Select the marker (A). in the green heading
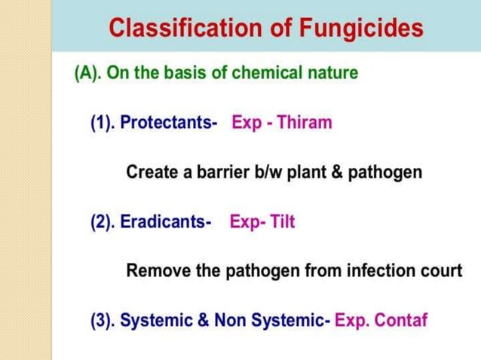click(88, 74)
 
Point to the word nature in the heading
click(329, 74)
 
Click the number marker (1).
click(103, 123)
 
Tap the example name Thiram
click(305, 123)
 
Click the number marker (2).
click(103, 223)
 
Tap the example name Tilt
click(283, 223)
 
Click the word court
click(441, 271)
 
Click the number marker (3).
click(103, 321)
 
